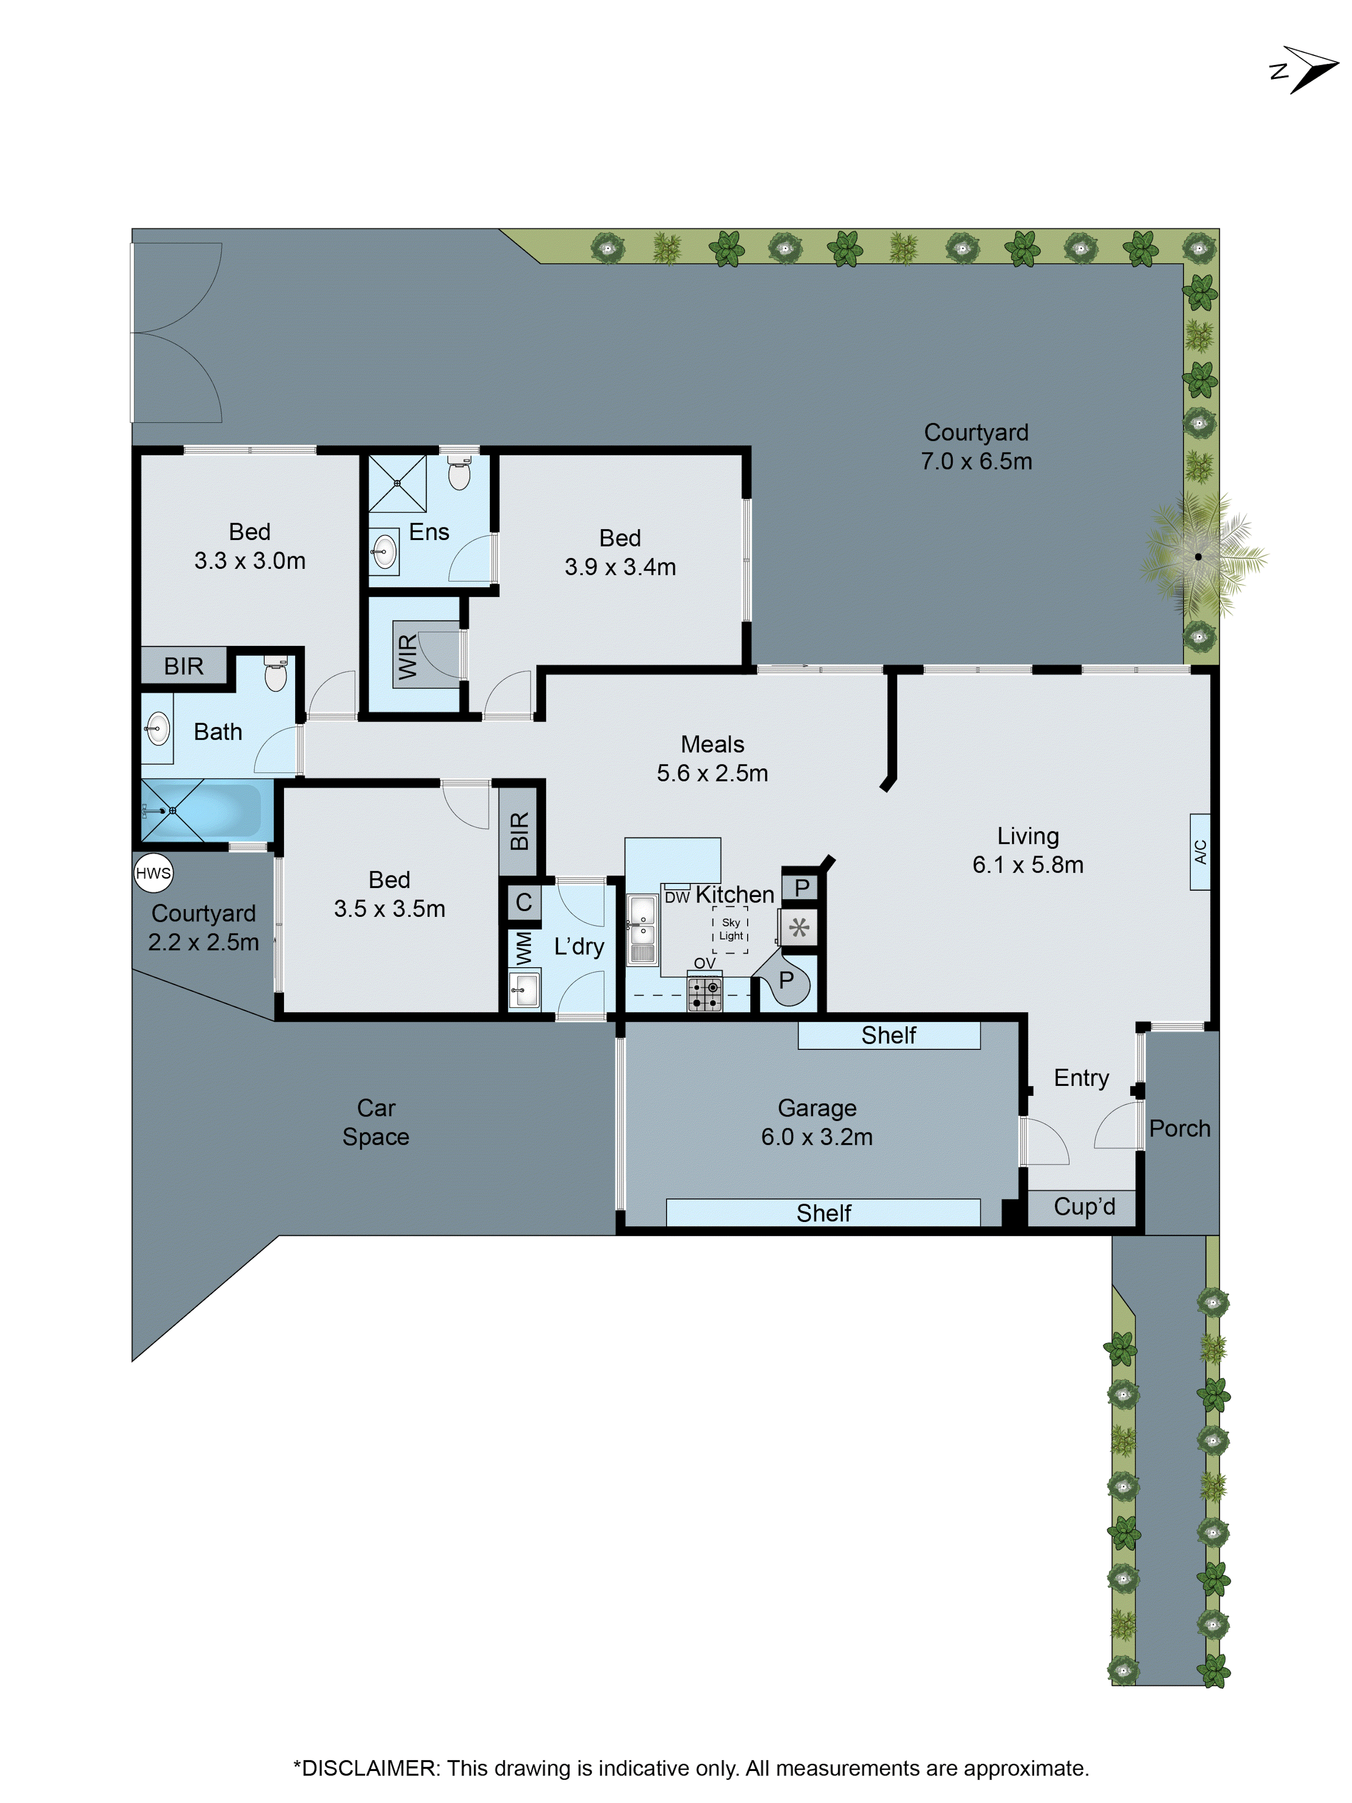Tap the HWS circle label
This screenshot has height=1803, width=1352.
pyautogui.click(x=153, y=873)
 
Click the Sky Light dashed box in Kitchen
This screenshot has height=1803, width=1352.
pyautogui.click(x=730, y=929)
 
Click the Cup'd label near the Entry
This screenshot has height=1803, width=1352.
pyautogui.click(x=1084, y=1206)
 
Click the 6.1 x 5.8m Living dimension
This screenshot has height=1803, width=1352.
pyautogui.click(x=1028, y=865)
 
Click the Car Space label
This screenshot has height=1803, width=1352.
pyautogui.click(x=376, y=1122)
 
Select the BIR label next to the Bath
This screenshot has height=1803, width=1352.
pyautogui.click(x=183, y=666)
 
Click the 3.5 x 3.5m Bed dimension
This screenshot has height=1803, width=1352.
pyautogui.click(x=389, y=909)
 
